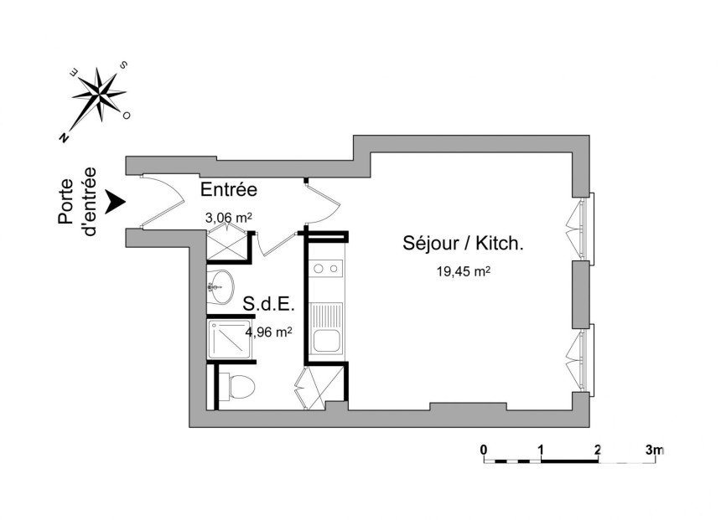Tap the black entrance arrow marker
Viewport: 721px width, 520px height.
[x=115, y=202]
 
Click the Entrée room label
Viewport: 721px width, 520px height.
[x=229, y=189]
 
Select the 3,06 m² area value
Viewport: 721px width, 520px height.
[x=229, y=217]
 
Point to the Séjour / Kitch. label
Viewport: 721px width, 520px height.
[x=463, y=243]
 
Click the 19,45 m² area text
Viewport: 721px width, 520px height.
[x=463, y=271]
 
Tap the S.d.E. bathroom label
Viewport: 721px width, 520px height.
[x=268, y=304]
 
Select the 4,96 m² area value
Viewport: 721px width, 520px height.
[x=268, y=332]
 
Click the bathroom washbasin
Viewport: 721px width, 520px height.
[x=220, y=286]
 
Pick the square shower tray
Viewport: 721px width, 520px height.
[x=229, y=339]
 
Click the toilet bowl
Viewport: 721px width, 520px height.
[x=236, y=386]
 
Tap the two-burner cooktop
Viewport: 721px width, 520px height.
[x=325, y=269]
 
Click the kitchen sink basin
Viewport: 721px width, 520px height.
[x=326, y=341]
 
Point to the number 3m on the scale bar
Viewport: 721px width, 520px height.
[x=655, y=450]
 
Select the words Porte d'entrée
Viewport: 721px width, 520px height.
[x=77, y=202]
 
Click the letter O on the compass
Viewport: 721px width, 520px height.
[x=126, y=116]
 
